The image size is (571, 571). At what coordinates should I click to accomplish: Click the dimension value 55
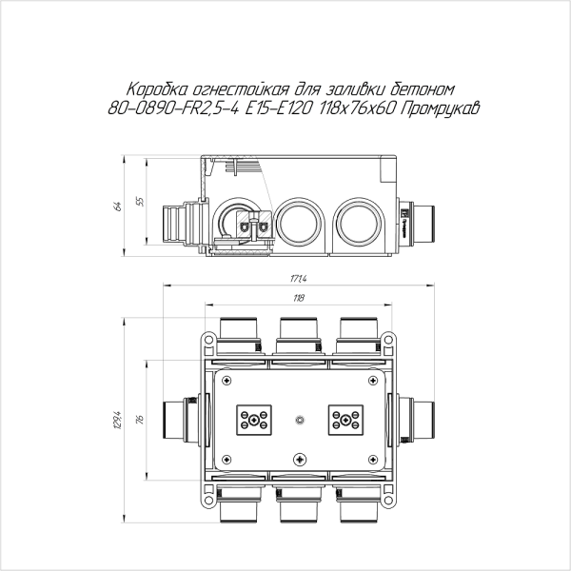click(x=141, y=202)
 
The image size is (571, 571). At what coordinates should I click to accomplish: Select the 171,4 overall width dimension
click(x=298, y=279)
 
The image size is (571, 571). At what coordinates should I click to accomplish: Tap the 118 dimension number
click(x=298, y=299)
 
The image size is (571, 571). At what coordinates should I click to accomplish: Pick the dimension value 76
click(x=140, y=420)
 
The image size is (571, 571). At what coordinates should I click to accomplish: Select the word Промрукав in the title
click(x=440, y=109)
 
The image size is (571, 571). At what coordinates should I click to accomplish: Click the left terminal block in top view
click(x=254, y=420)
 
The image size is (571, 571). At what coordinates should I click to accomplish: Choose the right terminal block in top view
click(x=344, y=420)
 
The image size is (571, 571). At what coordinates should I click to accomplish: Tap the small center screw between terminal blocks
click(x=299, y=420)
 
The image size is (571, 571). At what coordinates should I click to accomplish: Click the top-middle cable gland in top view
click(x=299, y=331)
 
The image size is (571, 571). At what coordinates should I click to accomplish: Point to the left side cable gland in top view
click(x=178, y=420)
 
